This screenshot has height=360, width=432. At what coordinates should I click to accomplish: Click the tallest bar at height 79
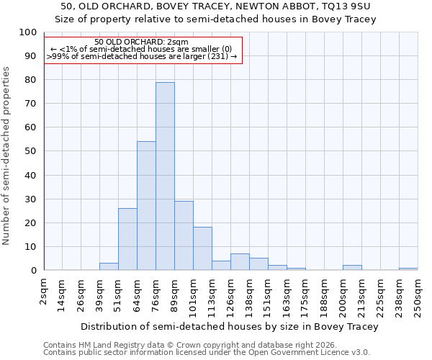(165, 176)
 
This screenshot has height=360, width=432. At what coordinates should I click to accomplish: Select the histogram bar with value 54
(146, 206)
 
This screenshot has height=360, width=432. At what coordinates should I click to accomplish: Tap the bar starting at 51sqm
(127, 239)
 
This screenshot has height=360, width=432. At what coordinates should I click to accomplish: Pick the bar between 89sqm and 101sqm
(184, 235)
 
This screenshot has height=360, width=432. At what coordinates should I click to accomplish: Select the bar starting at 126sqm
(240, 262)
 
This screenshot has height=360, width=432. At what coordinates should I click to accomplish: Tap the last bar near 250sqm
(408, 269)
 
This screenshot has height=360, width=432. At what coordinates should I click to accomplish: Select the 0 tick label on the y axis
(33, 271)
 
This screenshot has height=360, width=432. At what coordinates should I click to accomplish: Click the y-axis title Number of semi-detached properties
(7, 156)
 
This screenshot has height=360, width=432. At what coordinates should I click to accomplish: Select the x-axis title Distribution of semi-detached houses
(230, 326)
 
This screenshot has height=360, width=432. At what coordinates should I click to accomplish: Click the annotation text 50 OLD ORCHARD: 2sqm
(141, 42)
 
